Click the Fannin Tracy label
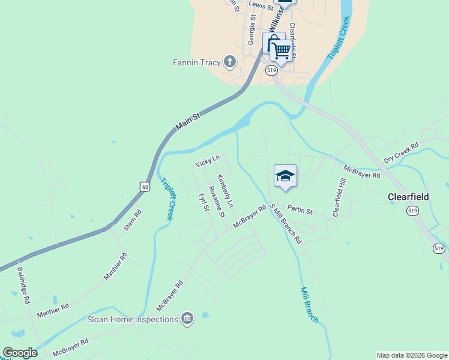tap(197, 62)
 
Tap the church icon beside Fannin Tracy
tap(229, 61)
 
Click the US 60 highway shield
tap(144, 187)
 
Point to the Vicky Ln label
tap(208, 161)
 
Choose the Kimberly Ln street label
tap(224, 191)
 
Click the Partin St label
tap(300, 211)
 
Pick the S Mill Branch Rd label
tap(286, 224)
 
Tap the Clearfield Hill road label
tap(340, 197)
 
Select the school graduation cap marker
tap(285, 176)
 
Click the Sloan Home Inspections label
tap(132, 319)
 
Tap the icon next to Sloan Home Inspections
tap(187, 319)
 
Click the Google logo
tap(20, 353)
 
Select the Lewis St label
tap(261, 5)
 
